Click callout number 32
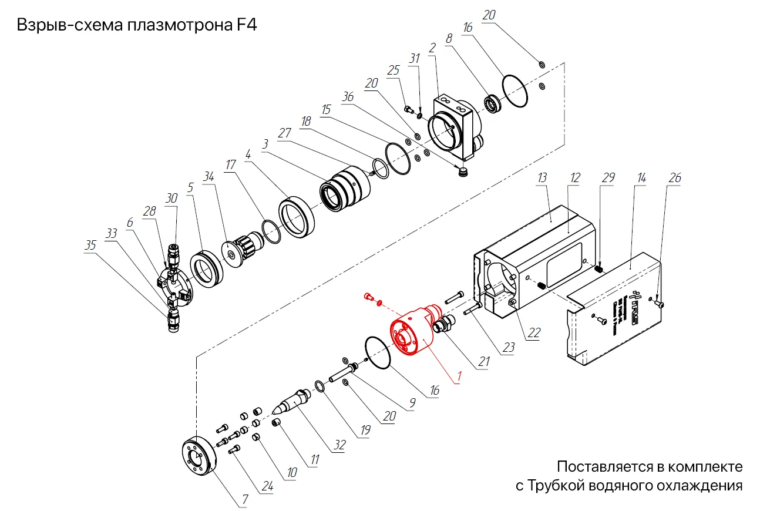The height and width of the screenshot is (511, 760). coord(340,446)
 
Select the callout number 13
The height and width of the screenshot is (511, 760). coord(542,178)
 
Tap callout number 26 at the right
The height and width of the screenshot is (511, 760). coord(676,177)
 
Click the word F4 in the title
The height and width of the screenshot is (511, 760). coord(246,26)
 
